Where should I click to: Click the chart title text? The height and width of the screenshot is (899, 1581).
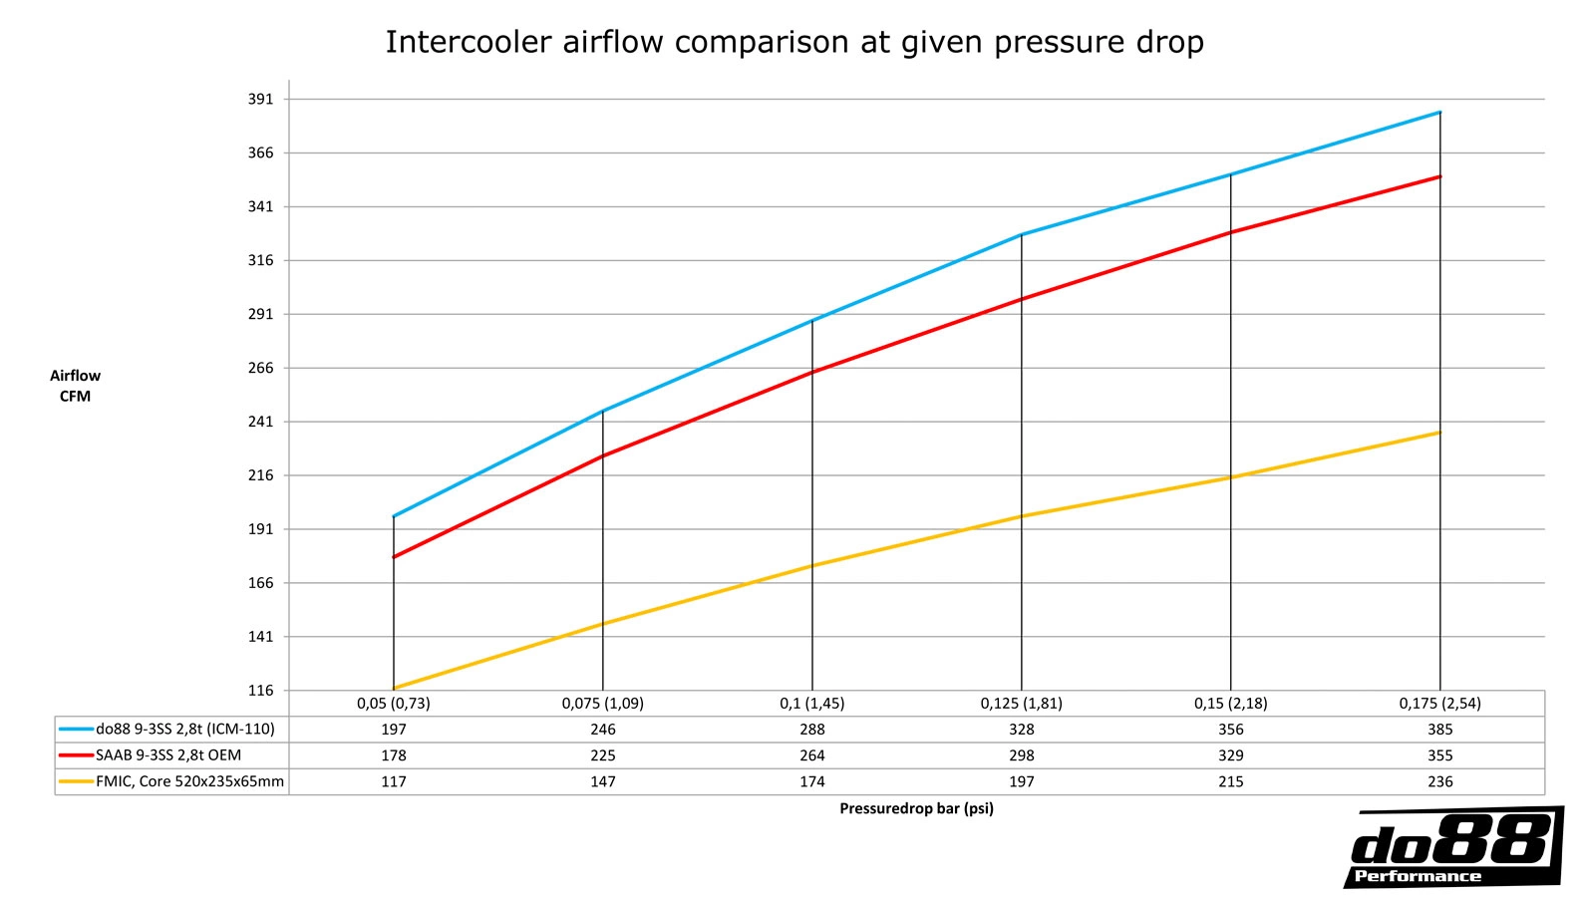(x=794, y=42)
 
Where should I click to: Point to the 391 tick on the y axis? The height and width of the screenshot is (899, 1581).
(x=260, y=100)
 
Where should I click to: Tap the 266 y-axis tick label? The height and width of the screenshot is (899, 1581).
(x=260, y=368)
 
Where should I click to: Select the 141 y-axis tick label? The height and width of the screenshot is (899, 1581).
(x=260, y=637)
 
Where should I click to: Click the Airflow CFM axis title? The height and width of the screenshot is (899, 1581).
(x=75, y=386)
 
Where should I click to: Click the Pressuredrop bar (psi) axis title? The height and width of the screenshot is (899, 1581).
(x=916, y=808)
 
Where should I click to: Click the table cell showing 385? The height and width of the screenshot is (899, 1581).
(x=1439, y=730)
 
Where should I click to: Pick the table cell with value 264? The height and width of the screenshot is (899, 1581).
(x=812, y=755)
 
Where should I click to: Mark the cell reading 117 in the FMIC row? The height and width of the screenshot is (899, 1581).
(x=394, y=781)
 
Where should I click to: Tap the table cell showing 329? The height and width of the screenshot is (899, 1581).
(x=1230, y=755)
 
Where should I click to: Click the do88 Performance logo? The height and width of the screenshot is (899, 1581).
(x=1452, y=847)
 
